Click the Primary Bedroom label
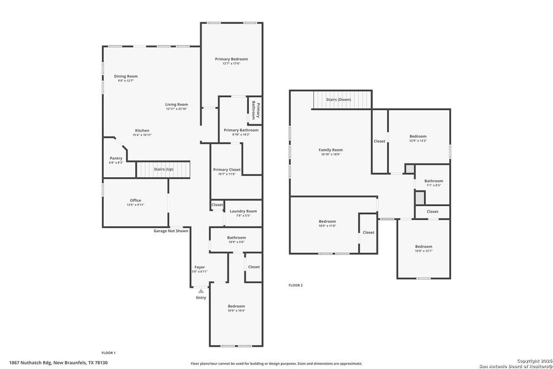231,59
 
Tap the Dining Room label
125,76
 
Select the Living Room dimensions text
176,109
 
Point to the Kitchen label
142,130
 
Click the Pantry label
116,158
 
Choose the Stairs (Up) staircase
163,169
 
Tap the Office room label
135,200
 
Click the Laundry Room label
243,211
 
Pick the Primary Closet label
227,170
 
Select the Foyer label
200,267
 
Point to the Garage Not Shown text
171,231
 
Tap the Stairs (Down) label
339,99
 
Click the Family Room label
331,150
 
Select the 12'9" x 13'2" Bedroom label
418,137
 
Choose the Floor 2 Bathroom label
433,181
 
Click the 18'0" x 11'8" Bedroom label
327,221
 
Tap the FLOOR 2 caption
296,285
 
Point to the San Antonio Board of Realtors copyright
516,365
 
